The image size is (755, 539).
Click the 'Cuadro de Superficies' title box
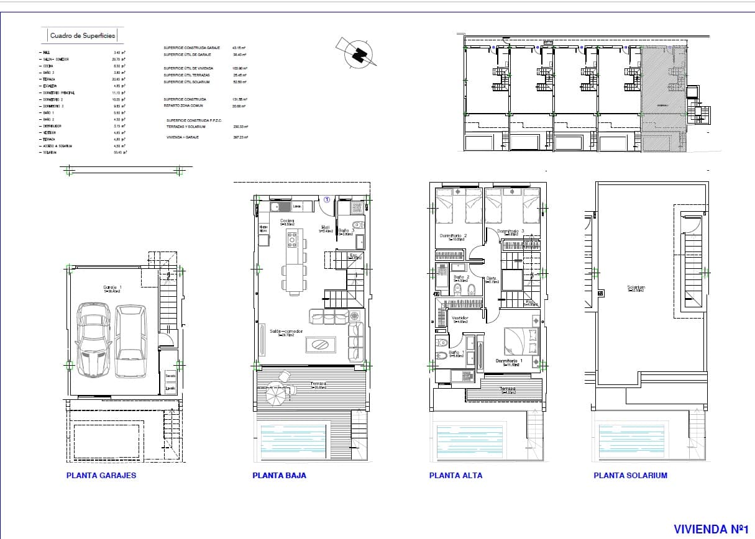(83, 36)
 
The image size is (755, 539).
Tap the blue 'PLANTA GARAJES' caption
(101, 476)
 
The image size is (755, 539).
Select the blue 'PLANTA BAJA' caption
(279, 476)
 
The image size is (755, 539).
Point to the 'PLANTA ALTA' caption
(455, 476)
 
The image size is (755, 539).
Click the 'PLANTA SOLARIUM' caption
(630, 476)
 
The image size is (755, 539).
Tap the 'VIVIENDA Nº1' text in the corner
(710, 529)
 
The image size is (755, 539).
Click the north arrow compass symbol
(357, 53)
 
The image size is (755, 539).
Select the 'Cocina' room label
(286, 221)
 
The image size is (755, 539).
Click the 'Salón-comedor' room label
(286, 332)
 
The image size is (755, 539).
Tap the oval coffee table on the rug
(321, 344)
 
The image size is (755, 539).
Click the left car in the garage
(93, 340)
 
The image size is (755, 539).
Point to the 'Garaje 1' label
(112, 288)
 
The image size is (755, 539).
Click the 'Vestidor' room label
(460, 318)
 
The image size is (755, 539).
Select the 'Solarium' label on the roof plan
(636, 288)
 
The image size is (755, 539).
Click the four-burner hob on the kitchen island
(292, 237)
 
